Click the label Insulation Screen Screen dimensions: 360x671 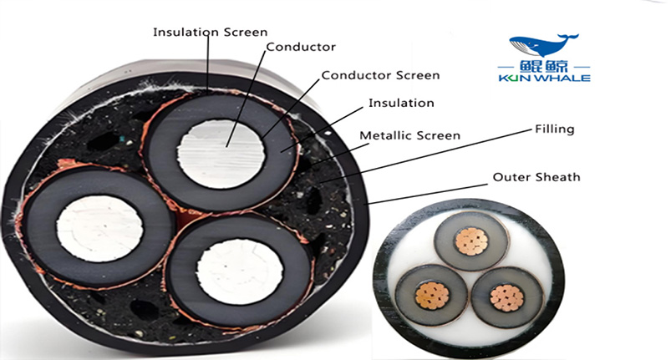pos(210,33)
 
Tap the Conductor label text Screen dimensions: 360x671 pos(301,47)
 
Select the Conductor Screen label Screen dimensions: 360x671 pos(380,75)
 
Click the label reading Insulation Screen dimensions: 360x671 pos(401,104)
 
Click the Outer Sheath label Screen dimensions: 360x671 pos(536,177)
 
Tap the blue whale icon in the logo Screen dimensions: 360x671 pos(543,45)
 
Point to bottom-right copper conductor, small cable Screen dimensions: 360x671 pos(505,297)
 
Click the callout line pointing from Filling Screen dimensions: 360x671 pos(435,156)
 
